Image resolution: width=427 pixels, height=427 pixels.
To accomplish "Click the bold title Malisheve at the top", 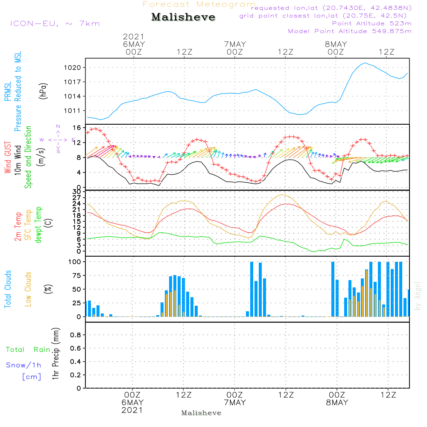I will coord(183,17).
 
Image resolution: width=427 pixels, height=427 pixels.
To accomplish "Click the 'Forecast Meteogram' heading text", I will coord(199,4).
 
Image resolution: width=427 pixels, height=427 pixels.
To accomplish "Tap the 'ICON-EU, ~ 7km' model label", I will coord(55,23).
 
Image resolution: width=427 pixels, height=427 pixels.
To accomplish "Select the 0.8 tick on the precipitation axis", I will coord(76,335).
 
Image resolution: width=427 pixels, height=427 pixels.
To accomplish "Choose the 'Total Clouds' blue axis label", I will coord(8,289).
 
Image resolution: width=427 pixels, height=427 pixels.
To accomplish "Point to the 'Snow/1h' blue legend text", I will coord(23,366).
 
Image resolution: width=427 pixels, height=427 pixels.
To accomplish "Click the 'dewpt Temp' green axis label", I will coord(38,225).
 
